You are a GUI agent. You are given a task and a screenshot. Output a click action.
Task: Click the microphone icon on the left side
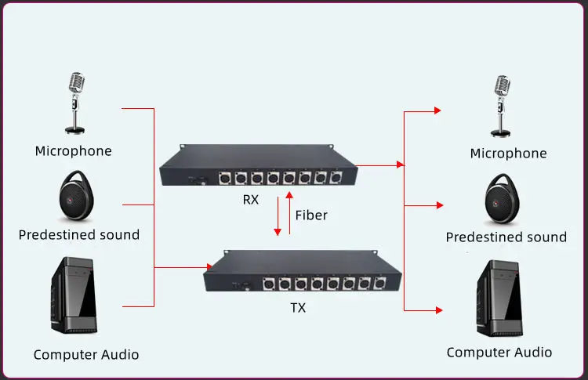coord(75,102)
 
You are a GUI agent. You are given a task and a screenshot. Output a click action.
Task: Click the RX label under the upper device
coord(250,200)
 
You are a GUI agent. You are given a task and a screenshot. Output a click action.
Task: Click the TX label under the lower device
coord(298,308)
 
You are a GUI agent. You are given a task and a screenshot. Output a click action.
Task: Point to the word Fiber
coord(311,215)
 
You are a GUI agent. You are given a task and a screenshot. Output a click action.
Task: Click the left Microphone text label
coord(74,150)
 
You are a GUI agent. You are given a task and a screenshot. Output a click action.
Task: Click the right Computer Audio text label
coord(499,353)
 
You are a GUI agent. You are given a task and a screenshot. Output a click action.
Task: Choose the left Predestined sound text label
coord(79,234)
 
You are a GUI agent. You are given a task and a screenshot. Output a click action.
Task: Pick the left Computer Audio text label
coord(86,355)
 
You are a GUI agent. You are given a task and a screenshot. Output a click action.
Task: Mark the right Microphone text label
coord(508,154)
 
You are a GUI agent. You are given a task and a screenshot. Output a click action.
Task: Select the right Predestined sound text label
coord(506,237)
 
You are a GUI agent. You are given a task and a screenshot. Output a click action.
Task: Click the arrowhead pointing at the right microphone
coord(437,111)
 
